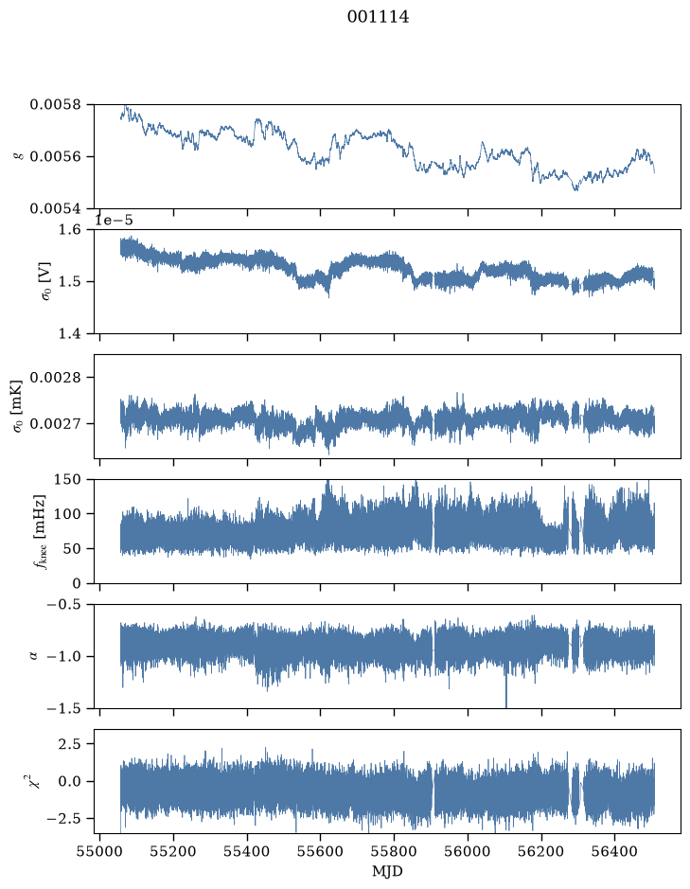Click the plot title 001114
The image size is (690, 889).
coord(378,17)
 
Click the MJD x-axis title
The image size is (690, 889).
coord(387,871)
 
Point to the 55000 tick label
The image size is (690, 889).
coord(99,851)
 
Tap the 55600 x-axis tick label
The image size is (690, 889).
coord(320,851)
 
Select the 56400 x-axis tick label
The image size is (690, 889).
coord(615,851)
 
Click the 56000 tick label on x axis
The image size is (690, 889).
coord(468,851)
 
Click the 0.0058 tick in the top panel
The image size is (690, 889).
coord(55,105)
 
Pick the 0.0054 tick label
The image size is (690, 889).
coord(55,209)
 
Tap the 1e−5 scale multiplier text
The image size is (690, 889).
coord(114,220)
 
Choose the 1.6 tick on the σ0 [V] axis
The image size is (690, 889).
coord(70,230)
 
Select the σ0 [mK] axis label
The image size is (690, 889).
coord(18,406)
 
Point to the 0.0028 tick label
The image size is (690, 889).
coord(55,378)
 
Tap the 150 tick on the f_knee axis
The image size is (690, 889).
coord(67,480)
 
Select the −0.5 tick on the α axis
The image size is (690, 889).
coord(63,604)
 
